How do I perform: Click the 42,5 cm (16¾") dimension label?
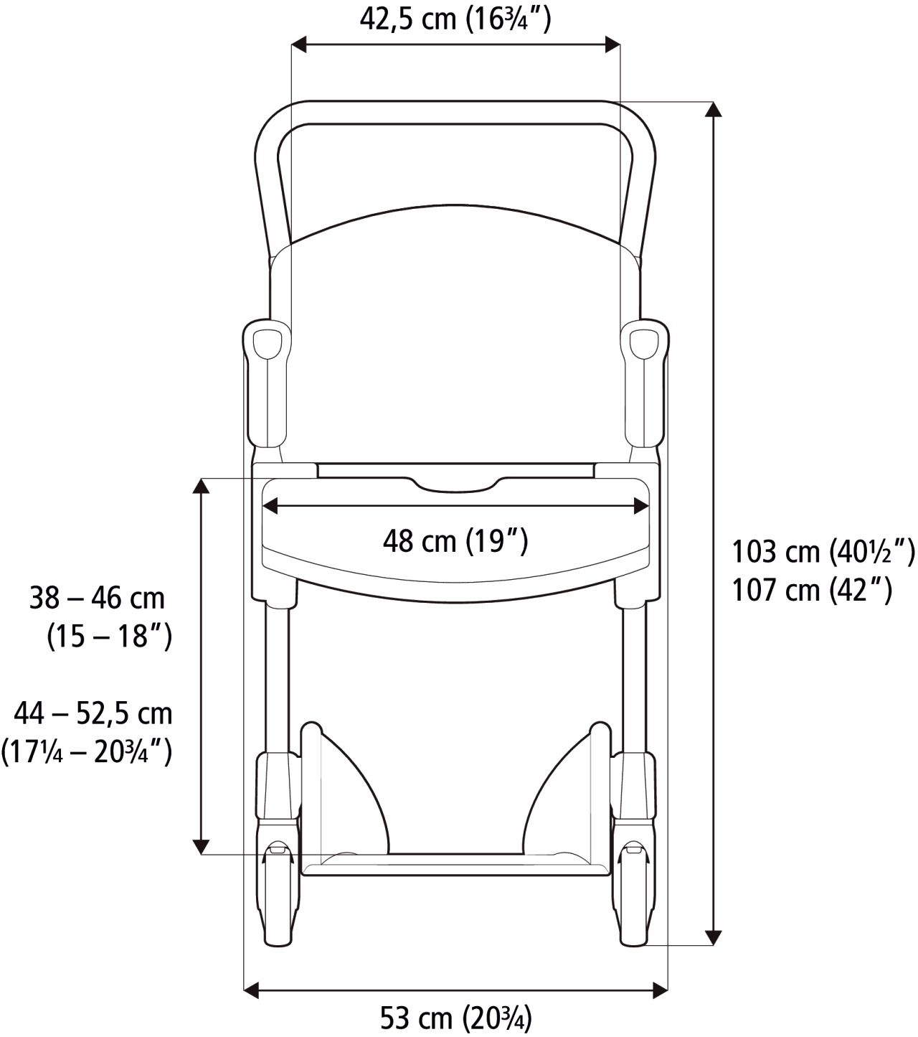click(x=455, y=19)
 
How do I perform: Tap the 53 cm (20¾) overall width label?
click(x=455, y=1018)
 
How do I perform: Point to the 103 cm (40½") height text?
click(x=823, y=552)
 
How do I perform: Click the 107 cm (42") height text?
click(x=811, y=590)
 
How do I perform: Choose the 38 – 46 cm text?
click(x=97, y=598)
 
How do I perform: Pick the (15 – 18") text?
click(x=109, y=636)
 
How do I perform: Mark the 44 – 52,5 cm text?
click(x=93, y=713)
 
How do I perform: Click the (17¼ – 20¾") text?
click(x=87, y=751)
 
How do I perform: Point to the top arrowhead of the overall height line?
click(x=712, y=110)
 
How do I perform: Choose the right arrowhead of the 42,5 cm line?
click(x=612, y=44)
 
